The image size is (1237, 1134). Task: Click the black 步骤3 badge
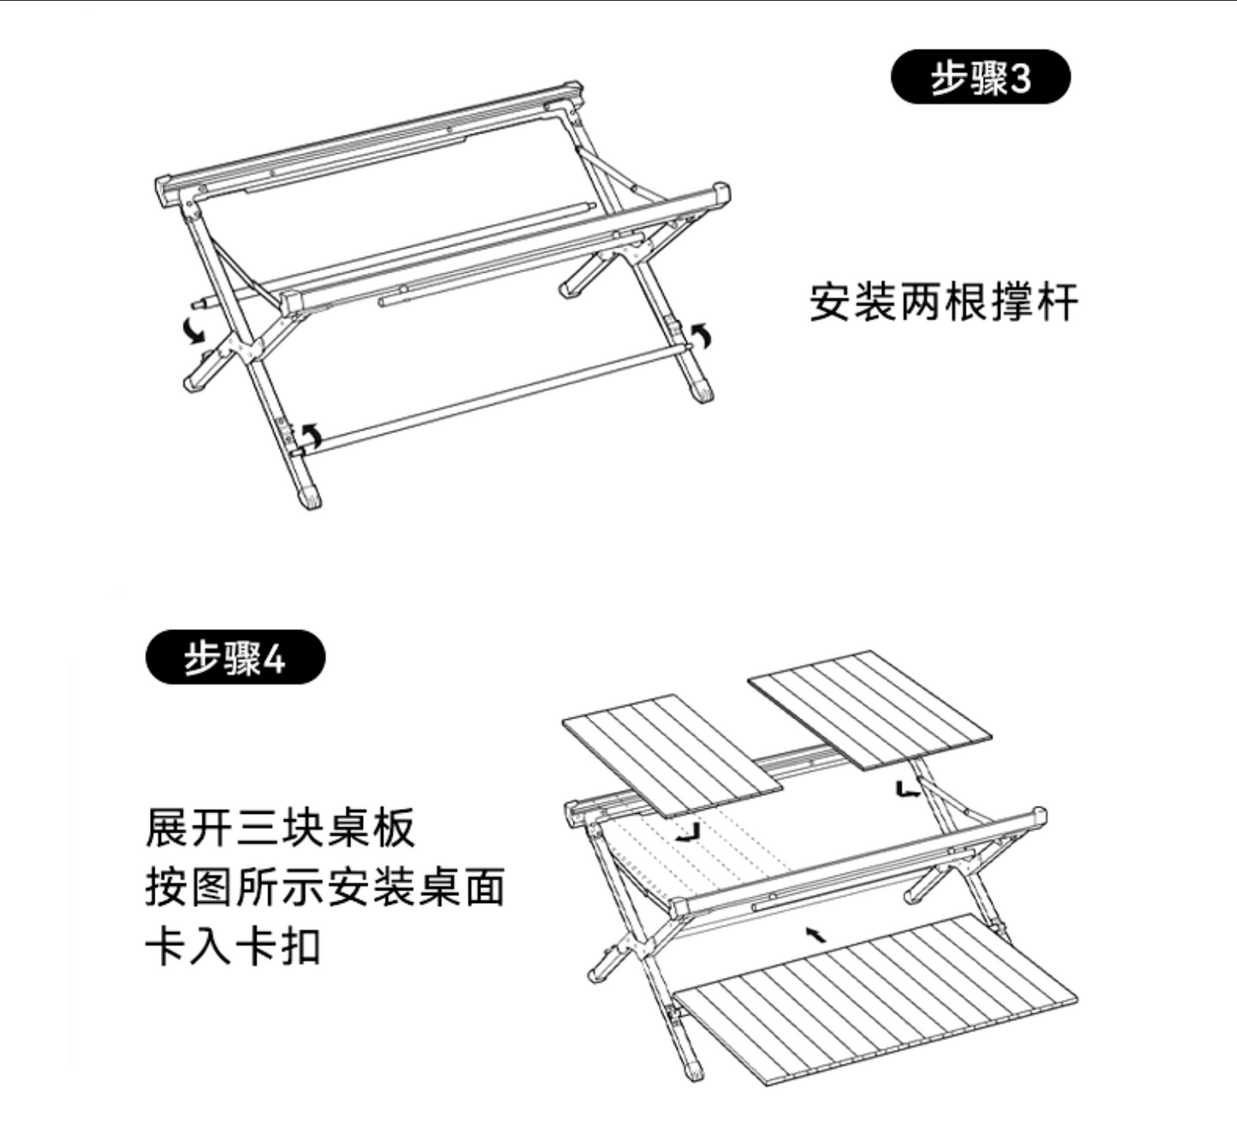[x=980, y=76]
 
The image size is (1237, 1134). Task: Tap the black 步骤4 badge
[x=235, y=656]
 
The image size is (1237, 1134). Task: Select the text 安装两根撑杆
[x=944, y=301]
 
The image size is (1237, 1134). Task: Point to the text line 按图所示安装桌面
[x=325, y=888]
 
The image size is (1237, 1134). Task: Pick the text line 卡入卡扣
[x=233, y=947]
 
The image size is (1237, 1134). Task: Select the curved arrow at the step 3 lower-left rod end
[x=312, y=436]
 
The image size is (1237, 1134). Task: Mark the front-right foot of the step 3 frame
[x=703, y=389]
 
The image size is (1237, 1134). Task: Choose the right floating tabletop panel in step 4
[x=870, y=710]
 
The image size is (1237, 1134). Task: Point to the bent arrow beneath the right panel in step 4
[x=907, y=789]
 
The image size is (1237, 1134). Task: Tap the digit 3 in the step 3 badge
[x=1020, y=78]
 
